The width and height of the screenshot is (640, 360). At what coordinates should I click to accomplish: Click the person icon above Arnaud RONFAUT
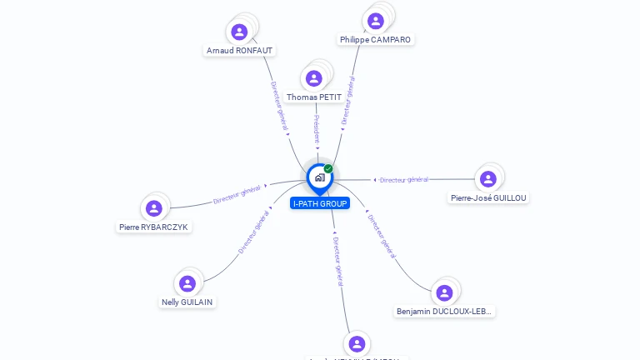coord(239,32)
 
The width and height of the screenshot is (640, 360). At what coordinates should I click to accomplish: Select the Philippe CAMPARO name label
coord(375,39)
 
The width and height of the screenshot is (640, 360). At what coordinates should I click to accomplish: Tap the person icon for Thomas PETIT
coord(314,78)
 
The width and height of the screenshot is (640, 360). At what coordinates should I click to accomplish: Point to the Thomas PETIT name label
coord(314,97)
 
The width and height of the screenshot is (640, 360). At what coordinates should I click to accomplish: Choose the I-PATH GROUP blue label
coord(320,203)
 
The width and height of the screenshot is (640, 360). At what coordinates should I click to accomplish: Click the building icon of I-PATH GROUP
coord(319,177)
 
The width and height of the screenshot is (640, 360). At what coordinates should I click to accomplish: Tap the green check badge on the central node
coord(328,169)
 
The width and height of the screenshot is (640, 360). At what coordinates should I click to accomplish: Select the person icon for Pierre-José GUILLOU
coord(488,179)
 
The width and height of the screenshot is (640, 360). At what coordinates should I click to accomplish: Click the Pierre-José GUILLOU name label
coord(488,197)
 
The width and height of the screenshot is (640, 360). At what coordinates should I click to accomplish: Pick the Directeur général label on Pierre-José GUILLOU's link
coord(403,179)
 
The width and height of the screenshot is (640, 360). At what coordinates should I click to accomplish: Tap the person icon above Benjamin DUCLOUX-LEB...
coord(444,292)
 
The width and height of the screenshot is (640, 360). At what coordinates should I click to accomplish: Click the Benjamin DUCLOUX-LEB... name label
coord(444,312)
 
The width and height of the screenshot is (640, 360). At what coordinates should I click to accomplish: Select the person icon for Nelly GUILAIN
coord(187,283)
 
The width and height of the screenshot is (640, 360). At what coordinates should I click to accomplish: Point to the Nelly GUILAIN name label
coord(188,302)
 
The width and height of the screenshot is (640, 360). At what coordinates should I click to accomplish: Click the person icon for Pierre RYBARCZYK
coord(153,208)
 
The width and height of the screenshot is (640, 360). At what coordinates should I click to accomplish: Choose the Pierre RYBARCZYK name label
coord(154,227)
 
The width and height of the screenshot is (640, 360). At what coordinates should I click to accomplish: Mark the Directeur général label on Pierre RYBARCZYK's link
coord(238,195)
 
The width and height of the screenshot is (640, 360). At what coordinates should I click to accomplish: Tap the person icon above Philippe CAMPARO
coord(376,21)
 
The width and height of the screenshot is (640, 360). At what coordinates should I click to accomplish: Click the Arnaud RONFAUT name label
coord(239,51)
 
